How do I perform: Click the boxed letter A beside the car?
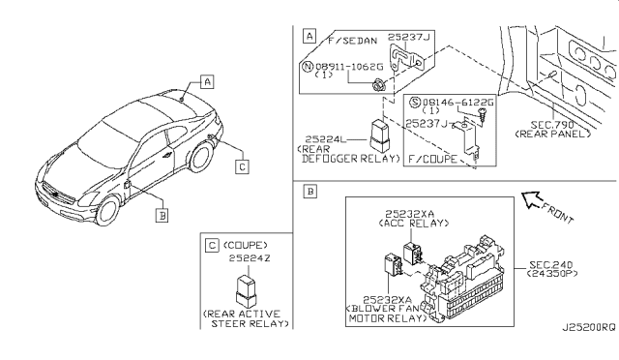207,82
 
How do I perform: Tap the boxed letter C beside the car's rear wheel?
242,166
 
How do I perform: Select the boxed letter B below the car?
162,216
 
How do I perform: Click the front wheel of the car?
107,211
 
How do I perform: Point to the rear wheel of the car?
202,157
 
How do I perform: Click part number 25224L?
326,139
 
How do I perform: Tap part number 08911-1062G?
349,66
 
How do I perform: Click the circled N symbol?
308,67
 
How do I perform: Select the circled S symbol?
415,103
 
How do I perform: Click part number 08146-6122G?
457,103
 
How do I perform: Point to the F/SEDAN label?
352,41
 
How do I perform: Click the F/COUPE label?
432,159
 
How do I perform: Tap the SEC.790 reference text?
552,125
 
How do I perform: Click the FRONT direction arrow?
531,199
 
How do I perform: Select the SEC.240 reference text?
550,264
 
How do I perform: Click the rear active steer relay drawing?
246,291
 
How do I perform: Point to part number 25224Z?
250,258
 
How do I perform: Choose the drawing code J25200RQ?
589,328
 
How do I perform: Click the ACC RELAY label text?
414,223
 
